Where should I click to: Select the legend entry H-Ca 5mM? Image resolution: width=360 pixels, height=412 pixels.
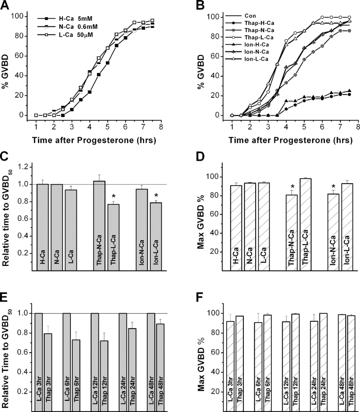[71, 18]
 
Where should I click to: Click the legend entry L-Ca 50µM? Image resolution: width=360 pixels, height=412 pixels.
[71, 35]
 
